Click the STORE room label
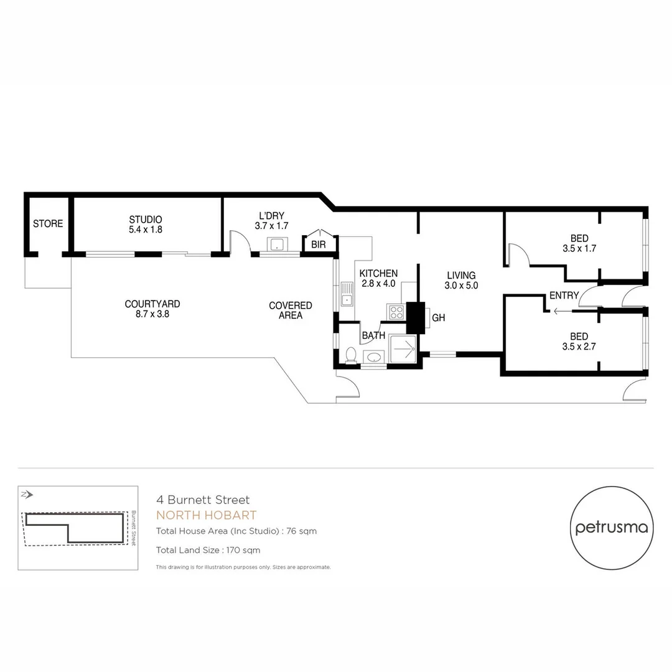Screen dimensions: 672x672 click(x=48, y=224)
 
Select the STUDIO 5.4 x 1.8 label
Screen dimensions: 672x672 click(x=146, y=225)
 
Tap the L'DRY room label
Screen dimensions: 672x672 click(x=271, y=220)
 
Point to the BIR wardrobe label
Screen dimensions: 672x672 click(x=318, y=245)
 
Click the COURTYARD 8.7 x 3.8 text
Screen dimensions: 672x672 click(x=152, y=309)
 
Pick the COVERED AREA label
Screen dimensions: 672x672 click(x=291, y=310)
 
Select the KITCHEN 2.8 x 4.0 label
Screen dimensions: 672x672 click(x=378, y=279)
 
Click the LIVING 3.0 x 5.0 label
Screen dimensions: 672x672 click(x=460, y=281)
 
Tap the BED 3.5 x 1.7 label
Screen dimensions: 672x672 click(x=579, y=243)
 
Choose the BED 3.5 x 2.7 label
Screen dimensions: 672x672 click(x=579, y=342)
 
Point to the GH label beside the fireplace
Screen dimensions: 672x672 click(x=439, y=318)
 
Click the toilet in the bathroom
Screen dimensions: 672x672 click(x=351, y=355)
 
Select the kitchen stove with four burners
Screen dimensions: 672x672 click(x=396, y=311)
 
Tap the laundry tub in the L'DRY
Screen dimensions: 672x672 click(x=276, y=244)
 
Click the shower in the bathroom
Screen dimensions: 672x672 click(x=403, y=348)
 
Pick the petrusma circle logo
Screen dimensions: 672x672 click(x=612, y=528)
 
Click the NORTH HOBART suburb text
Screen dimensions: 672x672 click(x=206, y=515)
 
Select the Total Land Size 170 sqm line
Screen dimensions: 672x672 click(x=208, y=550)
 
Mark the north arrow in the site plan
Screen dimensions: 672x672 click(x=27, y=495)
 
